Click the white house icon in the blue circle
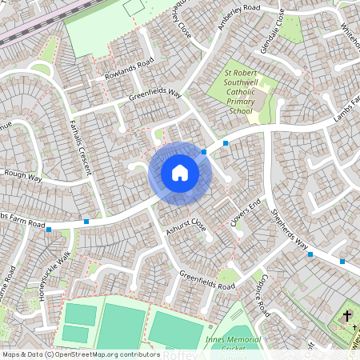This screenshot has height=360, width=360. pos(179,172)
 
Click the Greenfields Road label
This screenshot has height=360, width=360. pos(207,281)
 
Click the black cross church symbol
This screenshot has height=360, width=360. pos(348,318)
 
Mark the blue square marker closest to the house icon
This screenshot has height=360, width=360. pos(205,151)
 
